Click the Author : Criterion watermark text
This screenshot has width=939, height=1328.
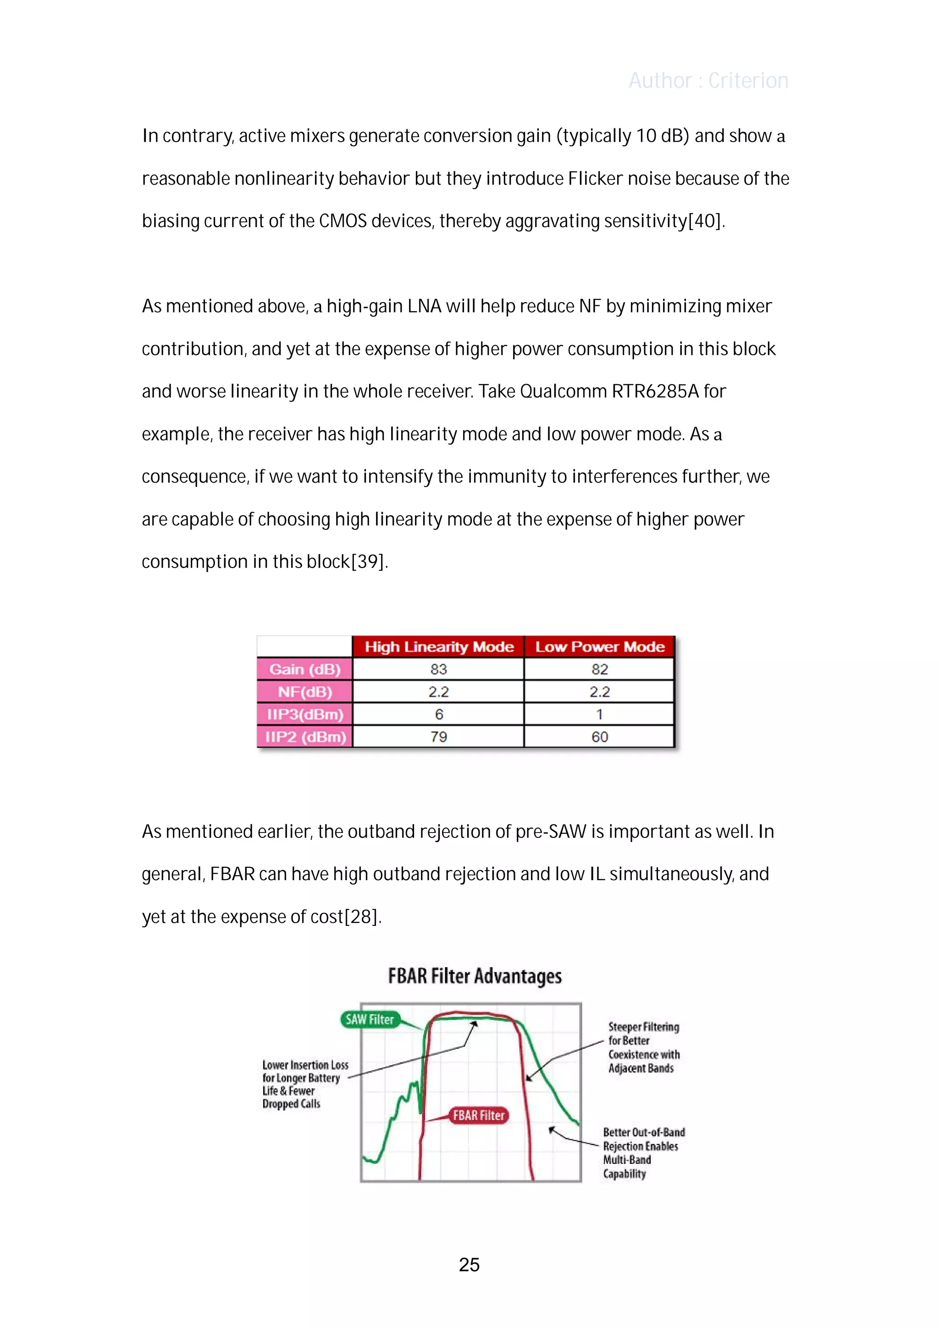pyautogui.click(x=708, y=80)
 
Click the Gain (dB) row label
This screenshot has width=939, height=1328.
pyautogui.click(x=305, y=669)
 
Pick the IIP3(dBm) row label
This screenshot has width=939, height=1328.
pyautogui.click(x=305, y=714)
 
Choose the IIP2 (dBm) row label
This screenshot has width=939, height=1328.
pyautogui.click(x=305, y=737)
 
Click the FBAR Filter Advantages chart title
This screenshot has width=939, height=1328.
pyautogui.click(x=475, y=976)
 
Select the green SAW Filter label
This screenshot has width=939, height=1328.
pyautogui.click(x=370, y=1019)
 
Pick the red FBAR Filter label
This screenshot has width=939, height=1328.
pyautogui.click(x=479, y=1116)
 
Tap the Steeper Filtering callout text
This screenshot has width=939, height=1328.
pyautogui.click(x=643, y=1047)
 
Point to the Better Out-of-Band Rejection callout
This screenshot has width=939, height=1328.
pyautogui.click(x=643, y=1153)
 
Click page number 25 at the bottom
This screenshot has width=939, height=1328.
pyautogui.click(x=469, y=1265)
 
